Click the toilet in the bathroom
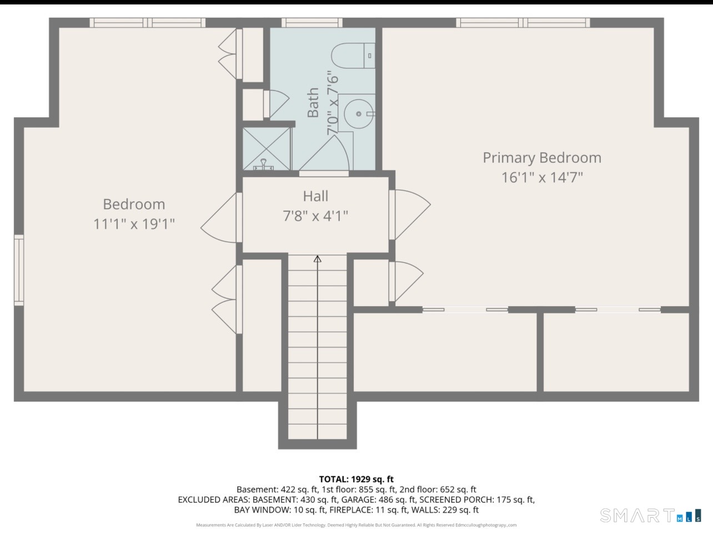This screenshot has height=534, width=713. (353, 56)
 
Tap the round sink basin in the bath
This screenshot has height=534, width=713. (359, 114)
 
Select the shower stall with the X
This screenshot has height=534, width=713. (267, 148)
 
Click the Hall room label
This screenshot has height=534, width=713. (316, 196)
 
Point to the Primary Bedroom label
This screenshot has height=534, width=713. (542, 158)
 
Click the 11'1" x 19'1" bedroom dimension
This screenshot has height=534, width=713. (134, 224)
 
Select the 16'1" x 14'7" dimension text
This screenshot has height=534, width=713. (542, 177)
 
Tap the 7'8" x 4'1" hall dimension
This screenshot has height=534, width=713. (315, 216)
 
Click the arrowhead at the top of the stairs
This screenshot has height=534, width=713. (318, 259)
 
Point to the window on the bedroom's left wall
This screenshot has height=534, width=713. (19, 270)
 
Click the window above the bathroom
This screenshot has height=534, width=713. (312, 23)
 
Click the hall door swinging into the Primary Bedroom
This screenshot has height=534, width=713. (410, 214)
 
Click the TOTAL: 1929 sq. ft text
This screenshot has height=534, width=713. (356, 479)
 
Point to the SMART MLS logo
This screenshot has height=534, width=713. (650, 515)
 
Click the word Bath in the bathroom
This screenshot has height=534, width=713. (313, 102)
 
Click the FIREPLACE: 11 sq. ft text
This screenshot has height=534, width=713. (368, 510)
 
